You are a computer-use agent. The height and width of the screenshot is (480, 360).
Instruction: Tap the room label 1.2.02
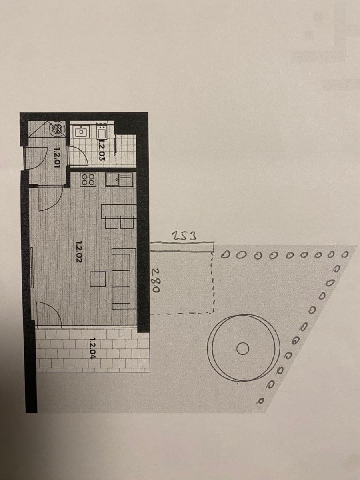[79, 251]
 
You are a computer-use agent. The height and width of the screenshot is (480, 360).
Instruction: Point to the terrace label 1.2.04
[92, 349]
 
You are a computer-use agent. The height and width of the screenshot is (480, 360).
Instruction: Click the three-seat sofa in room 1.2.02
[123, 278]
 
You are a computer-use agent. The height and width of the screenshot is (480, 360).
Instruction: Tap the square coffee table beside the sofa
[97, 279]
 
